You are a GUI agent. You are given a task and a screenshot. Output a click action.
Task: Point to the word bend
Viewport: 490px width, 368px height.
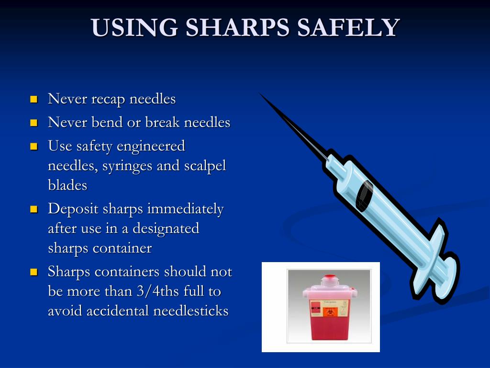(x=107, y=122)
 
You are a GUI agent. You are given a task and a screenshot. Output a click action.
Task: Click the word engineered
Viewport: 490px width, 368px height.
(x=151, y=146)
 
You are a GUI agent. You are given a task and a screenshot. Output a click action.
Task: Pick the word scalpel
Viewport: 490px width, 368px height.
(x=205, y=165)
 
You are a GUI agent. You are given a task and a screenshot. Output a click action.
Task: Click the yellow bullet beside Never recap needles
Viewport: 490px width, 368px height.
(x=33, y=100)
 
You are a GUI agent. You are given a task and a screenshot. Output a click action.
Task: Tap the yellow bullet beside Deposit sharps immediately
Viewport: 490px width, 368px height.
(x=33, y=209)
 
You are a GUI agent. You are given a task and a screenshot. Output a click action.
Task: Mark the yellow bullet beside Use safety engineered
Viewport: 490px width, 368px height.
(x=33, y=146)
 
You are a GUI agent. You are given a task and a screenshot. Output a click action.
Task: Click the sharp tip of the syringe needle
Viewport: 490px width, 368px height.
(x=260, y=94)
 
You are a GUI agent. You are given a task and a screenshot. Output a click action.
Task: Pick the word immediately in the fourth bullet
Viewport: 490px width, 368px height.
(x=185, y=209)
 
